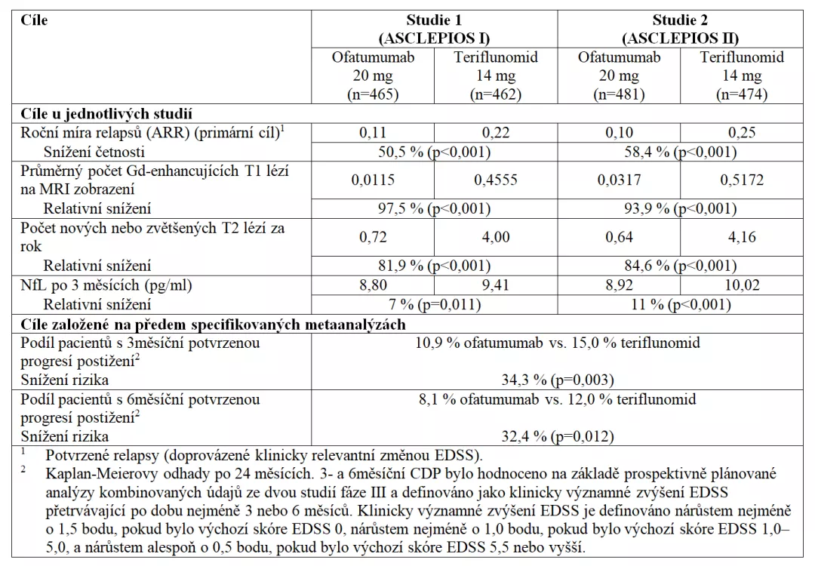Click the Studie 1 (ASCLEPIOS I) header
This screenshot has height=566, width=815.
click(x=434, y=29)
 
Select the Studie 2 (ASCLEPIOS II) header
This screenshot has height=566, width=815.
click(x=680, y=29)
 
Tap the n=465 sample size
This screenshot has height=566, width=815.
click(x=373, y=95)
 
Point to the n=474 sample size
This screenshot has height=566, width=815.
click(x=742, y=95)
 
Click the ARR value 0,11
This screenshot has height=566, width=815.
click(x=373, y=134)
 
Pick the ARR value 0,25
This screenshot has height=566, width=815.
click(x=742, y=134)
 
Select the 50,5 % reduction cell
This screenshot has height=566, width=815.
click(x=434, y=152)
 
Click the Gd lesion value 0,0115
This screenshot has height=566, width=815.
click(x=373, y=180)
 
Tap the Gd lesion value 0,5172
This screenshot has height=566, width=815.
click(x=742, y=180)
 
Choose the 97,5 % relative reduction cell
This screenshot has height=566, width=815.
click(x=434, y=208)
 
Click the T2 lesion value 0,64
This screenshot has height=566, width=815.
click(x=619, y=237)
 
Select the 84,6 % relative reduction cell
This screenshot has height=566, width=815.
click(x=680, y=266)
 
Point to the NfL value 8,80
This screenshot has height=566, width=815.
click(x=373, y=286)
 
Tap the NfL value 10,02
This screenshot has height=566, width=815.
click(x=742, y=286)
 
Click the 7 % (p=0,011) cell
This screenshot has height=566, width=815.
click(x=434, y=305)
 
